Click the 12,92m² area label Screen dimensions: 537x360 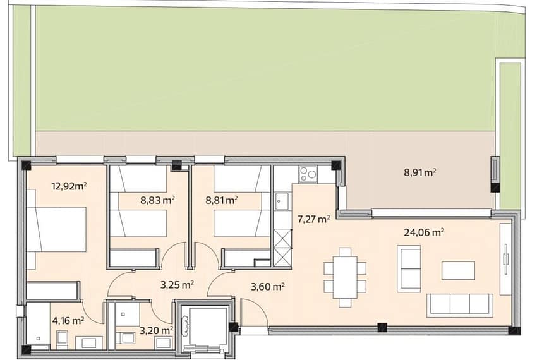pyautogui.click(x=69, y=186)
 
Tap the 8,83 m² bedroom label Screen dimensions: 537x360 pyautogui.click(x=158, y=200)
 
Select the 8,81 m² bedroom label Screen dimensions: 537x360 pyautogui.click(x=222, y=200)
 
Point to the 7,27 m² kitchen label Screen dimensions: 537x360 pyautogui.click(x=314, y=219)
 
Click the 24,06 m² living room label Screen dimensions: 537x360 pyautogui.click(x=425, y=232)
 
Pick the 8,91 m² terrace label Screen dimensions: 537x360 pyautogui.click(x=420, y=172)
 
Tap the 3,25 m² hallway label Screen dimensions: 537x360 pyautogui.click(x=178, y=284)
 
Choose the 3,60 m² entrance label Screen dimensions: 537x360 pyautogui.click(x=267, y=286)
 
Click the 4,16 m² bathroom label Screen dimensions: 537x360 pyautogui.click(x=68, y=321)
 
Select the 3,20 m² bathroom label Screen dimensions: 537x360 pyautogui.click(x=156, y=330)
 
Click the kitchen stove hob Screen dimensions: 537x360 pyautogui.click(x=308, y=174)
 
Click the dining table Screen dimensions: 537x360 pyautogui.click(x=345, y=277)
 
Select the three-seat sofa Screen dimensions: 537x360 pyautogui.click(x=459, y=305)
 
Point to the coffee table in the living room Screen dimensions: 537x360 pyautogui.click(x=458, y=270)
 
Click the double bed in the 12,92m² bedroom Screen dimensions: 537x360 pyautogui.click(x=56, y=229)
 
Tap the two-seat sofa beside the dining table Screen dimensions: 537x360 pyautogui.click(x=409, y=268)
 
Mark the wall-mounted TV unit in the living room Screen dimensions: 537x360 pyautogui.click(x=505, y=259)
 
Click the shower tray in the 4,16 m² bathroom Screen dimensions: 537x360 pyautogui.click(x=38, y=325)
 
